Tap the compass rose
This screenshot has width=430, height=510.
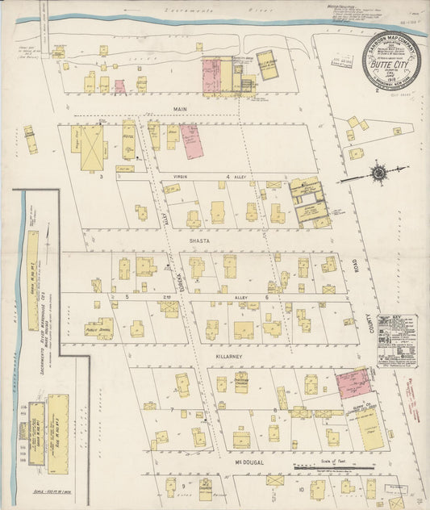click(x=378, y=173)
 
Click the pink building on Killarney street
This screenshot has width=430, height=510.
click(x=352, y=383)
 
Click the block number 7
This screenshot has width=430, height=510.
click(x=172, y=410)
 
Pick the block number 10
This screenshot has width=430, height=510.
click(x=301, y=489)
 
